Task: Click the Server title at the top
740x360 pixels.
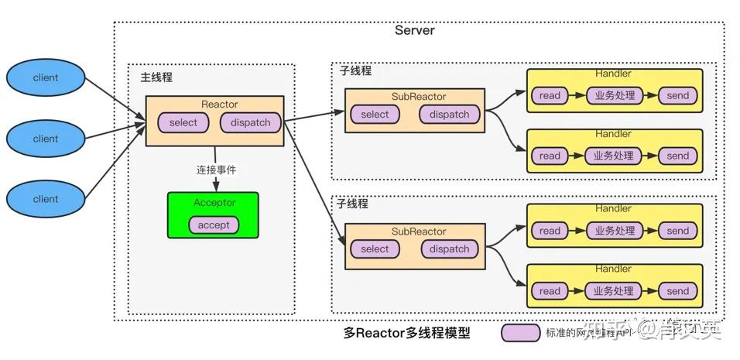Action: [414, 31]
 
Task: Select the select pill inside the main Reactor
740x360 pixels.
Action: [183, 122]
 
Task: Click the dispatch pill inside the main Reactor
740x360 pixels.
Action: [250, 122]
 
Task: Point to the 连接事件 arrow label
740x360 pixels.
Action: [216, 170]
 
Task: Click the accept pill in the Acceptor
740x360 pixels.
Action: [214, 225]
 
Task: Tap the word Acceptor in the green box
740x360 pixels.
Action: [214, 203]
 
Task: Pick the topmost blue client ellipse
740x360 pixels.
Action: [45, 78]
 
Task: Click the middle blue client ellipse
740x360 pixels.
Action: [45, 139]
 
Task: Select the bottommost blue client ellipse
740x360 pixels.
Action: [45, 199]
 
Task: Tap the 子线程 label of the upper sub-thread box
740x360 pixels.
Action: [355, 70]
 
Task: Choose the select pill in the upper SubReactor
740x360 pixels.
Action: [375, 115]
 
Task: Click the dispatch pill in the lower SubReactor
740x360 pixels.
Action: [449, 249]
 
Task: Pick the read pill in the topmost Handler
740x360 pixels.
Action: [550, 96]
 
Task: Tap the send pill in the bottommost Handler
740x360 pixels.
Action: [677, 291]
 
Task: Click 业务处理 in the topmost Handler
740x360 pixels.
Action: [614, 96]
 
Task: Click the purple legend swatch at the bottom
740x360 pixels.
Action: [520, 334]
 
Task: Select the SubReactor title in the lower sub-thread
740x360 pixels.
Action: [419, 231]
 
